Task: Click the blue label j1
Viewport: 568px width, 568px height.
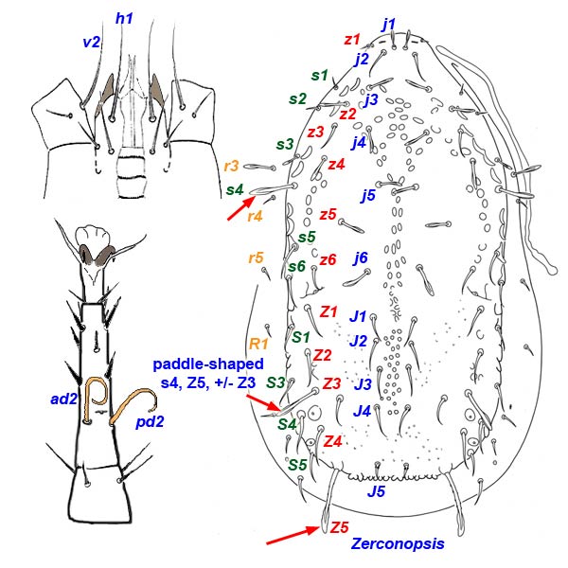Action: pyautogui.click(x=389, y=23)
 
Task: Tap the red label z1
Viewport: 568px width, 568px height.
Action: pyautogui.click(x=352, y=40)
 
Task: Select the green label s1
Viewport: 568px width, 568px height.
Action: pyautogui.click(x=319, y=75)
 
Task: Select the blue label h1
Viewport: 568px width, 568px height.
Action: pyautogui.click(x=124, y=18)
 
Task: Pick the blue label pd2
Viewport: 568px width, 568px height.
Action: pyautogui.click(x=150, y=420)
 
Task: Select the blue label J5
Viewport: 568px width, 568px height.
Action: pyautogui.click(x=375, y=491)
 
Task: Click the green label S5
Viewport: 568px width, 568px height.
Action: pyautogui.click(x=296, y=464)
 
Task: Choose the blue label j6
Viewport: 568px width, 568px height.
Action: pyautogui.click(x=360, y=257)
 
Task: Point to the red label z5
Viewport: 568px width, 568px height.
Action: pyautogui.click(x=328, y=215)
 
